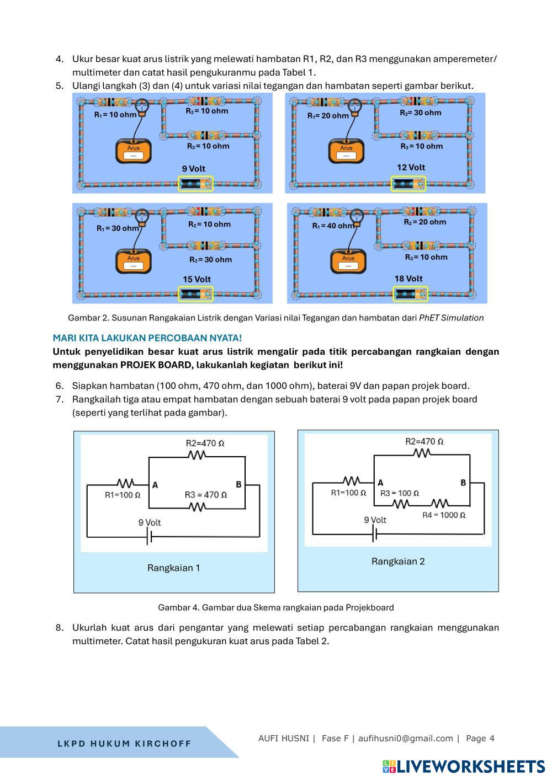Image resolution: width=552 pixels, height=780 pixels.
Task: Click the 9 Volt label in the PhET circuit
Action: point(194,169)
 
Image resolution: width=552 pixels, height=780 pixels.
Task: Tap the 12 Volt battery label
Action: point(411,167)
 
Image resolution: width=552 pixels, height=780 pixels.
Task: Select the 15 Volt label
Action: point(197,279)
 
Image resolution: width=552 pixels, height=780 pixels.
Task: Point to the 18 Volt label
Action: point(408,279)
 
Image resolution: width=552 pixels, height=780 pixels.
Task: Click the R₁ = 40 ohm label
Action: point(333,226)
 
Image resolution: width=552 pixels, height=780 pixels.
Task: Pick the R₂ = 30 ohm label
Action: point(421,113)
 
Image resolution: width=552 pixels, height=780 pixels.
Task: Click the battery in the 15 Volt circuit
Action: point(196,294)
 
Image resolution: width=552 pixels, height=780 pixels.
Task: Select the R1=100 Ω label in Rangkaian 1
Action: point(123,495)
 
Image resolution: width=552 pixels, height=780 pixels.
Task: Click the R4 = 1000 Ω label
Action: point(444,515)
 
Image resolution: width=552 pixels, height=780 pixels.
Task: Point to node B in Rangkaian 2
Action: point(463,483)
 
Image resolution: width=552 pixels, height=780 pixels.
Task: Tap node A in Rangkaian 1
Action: point(155,485)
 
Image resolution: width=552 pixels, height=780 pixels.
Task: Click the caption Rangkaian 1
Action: point(174,568)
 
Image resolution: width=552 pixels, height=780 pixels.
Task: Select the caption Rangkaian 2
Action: point(398,562)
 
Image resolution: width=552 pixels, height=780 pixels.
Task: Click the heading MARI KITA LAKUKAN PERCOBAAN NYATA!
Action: point(147,338)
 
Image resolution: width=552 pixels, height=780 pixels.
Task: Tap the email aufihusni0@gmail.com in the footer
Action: point(405,738)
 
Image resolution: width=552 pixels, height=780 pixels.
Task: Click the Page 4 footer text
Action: point(480,738)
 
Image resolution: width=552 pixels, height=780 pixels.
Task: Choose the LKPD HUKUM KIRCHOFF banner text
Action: point(124,744)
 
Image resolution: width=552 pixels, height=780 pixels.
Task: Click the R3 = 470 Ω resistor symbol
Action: point(197,507)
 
